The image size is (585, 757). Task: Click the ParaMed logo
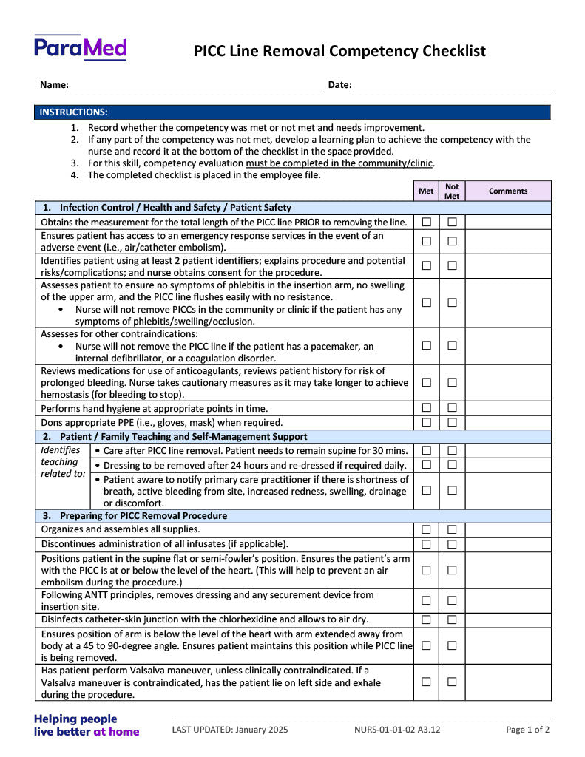(80, 48)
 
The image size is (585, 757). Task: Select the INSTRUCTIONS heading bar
(292, 112)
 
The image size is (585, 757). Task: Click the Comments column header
(508, 191)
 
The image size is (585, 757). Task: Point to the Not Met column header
(452, 191)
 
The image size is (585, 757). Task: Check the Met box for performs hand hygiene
(427, 408)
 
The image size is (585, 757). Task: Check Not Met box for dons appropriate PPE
(452, 422)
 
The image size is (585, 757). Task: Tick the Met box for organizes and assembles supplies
(427, 529)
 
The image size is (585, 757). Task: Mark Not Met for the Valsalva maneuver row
(452, 682)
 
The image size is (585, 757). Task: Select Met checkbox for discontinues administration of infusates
(427, 544)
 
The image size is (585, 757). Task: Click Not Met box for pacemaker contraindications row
(452, 346)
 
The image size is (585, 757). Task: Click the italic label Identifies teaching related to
(62, 462)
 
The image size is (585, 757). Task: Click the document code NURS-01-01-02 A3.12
(397, 730)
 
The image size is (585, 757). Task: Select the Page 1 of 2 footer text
(527, 730)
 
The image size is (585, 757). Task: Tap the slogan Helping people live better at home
(86, 725)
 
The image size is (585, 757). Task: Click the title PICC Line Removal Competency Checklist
(339, 51)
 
